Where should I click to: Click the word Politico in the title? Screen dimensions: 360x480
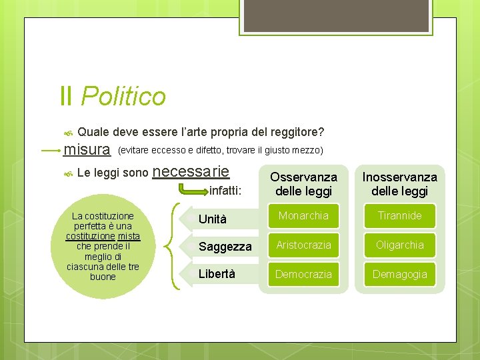click(x=123, y=97)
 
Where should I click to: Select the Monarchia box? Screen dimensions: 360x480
click(x=303, y=216)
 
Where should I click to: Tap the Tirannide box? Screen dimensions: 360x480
click(x=399, y=216)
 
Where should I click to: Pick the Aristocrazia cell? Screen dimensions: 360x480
click(x=303, y=245)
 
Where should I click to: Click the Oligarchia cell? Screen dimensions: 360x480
click(x=399, y=245)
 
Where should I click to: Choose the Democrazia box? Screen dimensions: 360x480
click(x=303, y=274)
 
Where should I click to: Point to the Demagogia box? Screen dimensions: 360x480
click(x=399, y=274)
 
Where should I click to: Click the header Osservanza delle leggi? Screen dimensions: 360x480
click(x=303, y=184)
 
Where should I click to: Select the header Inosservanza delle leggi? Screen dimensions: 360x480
click(x=399, y=184)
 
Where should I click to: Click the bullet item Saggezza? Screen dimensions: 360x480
click(x=225, y=247)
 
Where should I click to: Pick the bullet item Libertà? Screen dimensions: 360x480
click(x=216, y=274)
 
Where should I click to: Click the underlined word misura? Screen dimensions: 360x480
click(x=86, y=151)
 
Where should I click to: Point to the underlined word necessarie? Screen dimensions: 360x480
click(x=191, y=172)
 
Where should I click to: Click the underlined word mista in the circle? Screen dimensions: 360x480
click(x=129, y=236)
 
